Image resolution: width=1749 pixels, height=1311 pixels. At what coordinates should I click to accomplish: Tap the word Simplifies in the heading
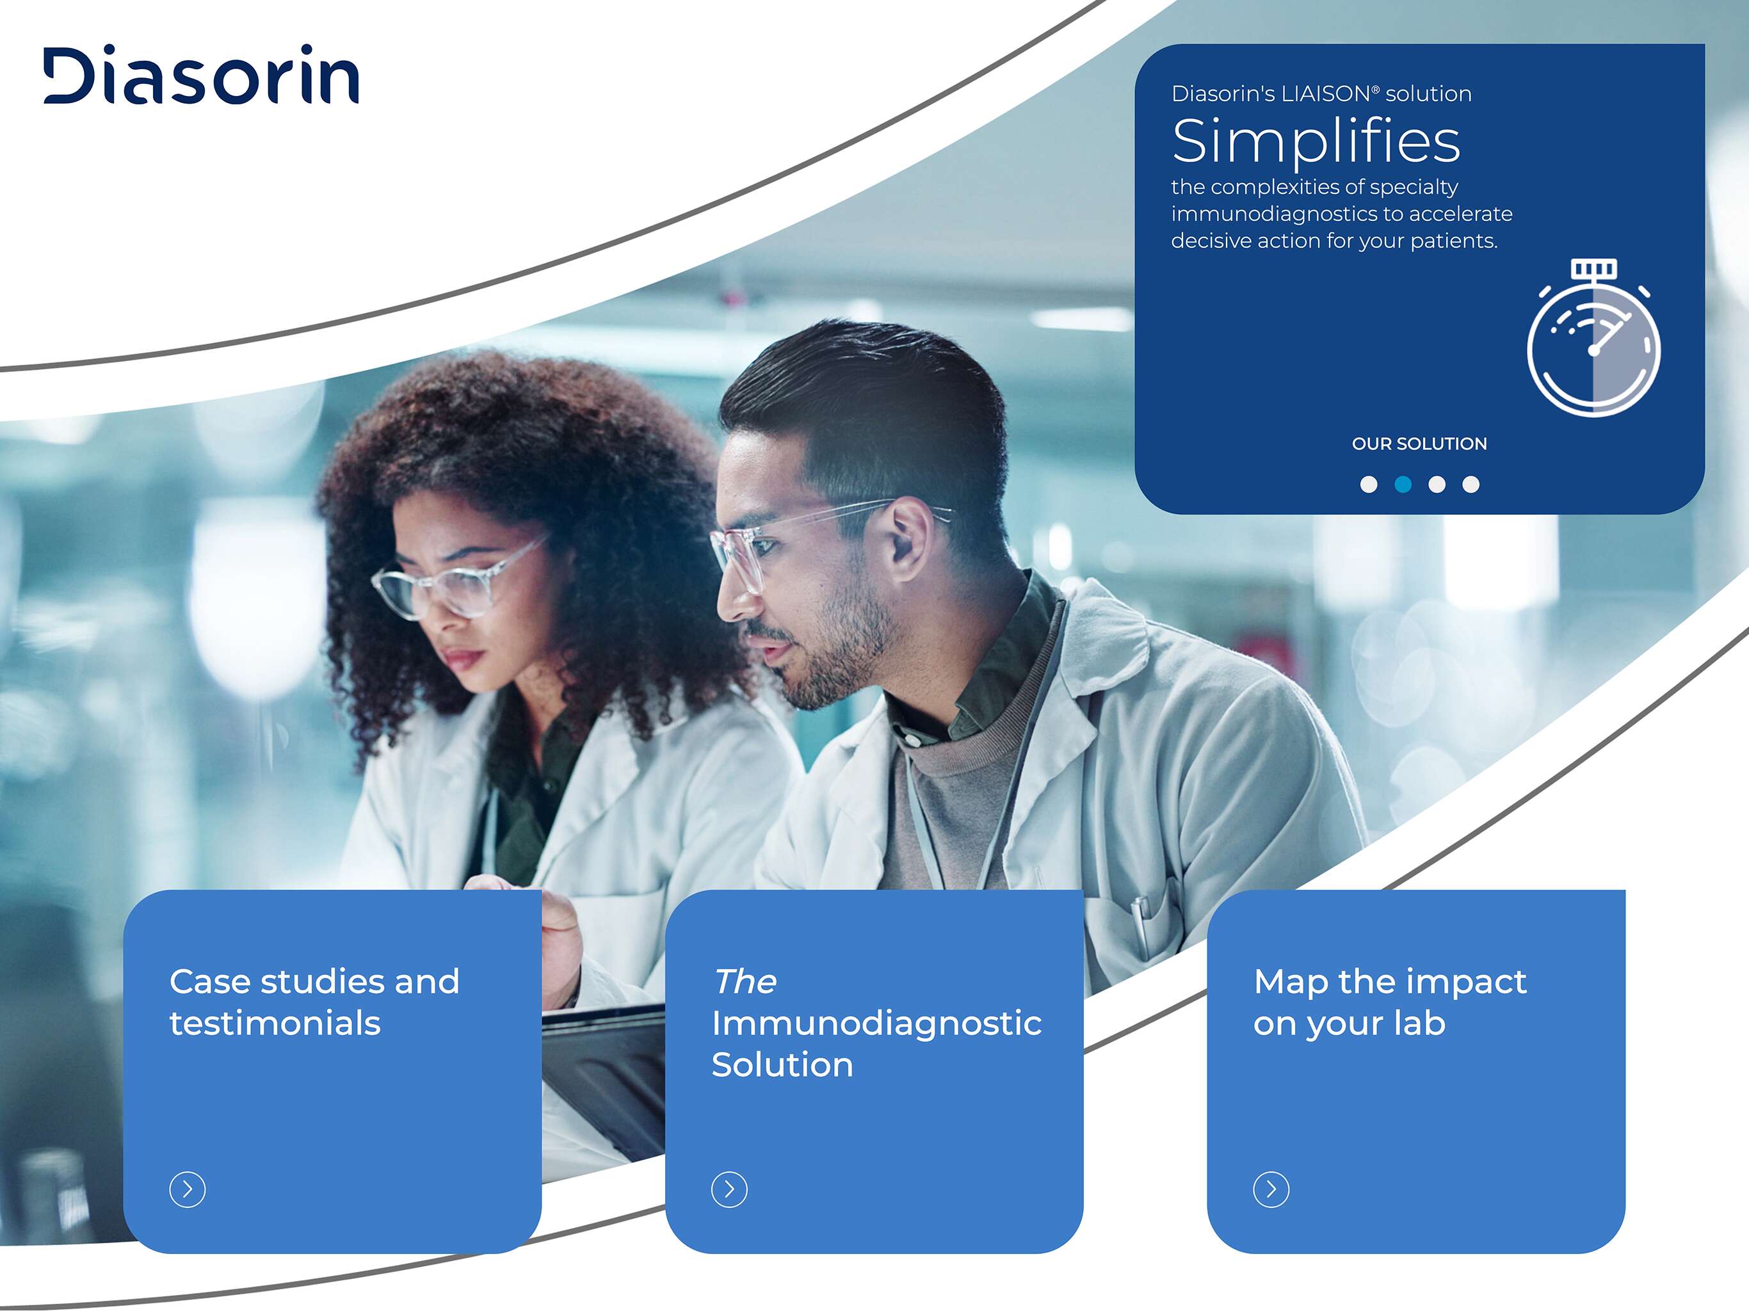1316,141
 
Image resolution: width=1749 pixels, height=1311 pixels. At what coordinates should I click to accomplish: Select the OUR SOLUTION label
1419,444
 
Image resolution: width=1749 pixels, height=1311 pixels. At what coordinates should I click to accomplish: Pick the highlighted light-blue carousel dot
1403,485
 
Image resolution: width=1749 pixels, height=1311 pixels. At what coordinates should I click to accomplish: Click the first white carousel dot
1369,485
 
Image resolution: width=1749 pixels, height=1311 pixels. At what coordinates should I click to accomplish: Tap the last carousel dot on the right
1471,485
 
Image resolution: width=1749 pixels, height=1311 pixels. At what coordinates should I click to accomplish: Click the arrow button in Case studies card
188,1189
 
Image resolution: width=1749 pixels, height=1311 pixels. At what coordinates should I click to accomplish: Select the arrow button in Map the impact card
1271,1189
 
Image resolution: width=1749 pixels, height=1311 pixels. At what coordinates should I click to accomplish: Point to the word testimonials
275,1023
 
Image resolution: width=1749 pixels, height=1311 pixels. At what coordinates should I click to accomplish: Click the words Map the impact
1390,983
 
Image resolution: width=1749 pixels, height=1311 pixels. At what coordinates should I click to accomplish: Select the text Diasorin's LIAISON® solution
1321,93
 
